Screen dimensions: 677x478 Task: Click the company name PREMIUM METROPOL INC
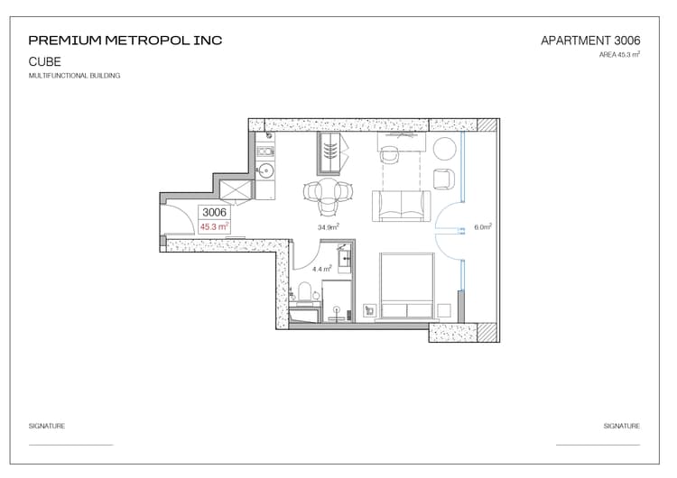pyautogui.click(x=125, y=41)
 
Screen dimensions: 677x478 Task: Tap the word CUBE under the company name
pyautogui.click(x=44, y=61)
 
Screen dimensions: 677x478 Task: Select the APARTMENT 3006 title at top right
pyautogui.click(x=590, y=41)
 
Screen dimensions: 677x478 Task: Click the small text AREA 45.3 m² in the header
pyautogui.click(x=619, y=54)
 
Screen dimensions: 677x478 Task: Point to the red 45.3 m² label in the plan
pyautogui.click(x=214, y=226)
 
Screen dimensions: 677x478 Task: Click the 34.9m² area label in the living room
pyautogui.click(x=329, y=226)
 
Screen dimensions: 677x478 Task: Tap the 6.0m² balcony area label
pyautogui.click(x=483, y=227)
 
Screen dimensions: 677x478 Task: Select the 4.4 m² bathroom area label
pyautogui.click(x=321, y=269)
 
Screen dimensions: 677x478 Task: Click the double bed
pyautogui.click(x=407, y=286)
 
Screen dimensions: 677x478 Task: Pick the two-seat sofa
pyautogui.click(x=402, y=207)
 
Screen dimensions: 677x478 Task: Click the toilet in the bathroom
pyautogui.click(x=305, y=291)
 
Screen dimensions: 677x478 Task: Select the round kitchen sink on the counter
pyautogui.click(x=265, y=171)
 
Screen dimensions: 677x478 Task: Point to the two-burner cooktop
pyautogui.click(x=265, y=152)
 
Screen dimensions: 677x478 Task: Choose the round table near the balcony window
pyautogui.click(x=444, y=149)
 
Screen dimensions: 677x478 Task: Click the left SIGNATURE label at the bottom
pyautogui.click(x=47, y=426)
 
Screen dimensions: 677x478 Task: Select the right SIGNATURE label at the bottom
pyautogui.click(x=622, y=426)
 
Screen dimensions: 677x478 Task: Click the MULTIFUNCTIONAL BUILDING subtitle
pyautogui.click(x=74, y=76)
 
